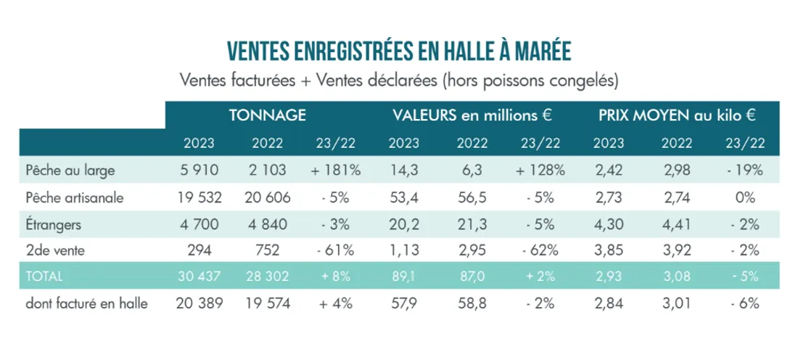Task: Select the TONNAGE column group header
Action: pos(266,115)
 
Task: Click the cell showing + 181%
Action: pos(334,172)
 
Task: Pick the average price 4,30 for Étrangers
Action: pos(610,224)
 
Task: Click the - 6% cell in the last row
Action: pos(745,304)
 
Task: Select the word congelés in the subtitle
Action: pos(577,78)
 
